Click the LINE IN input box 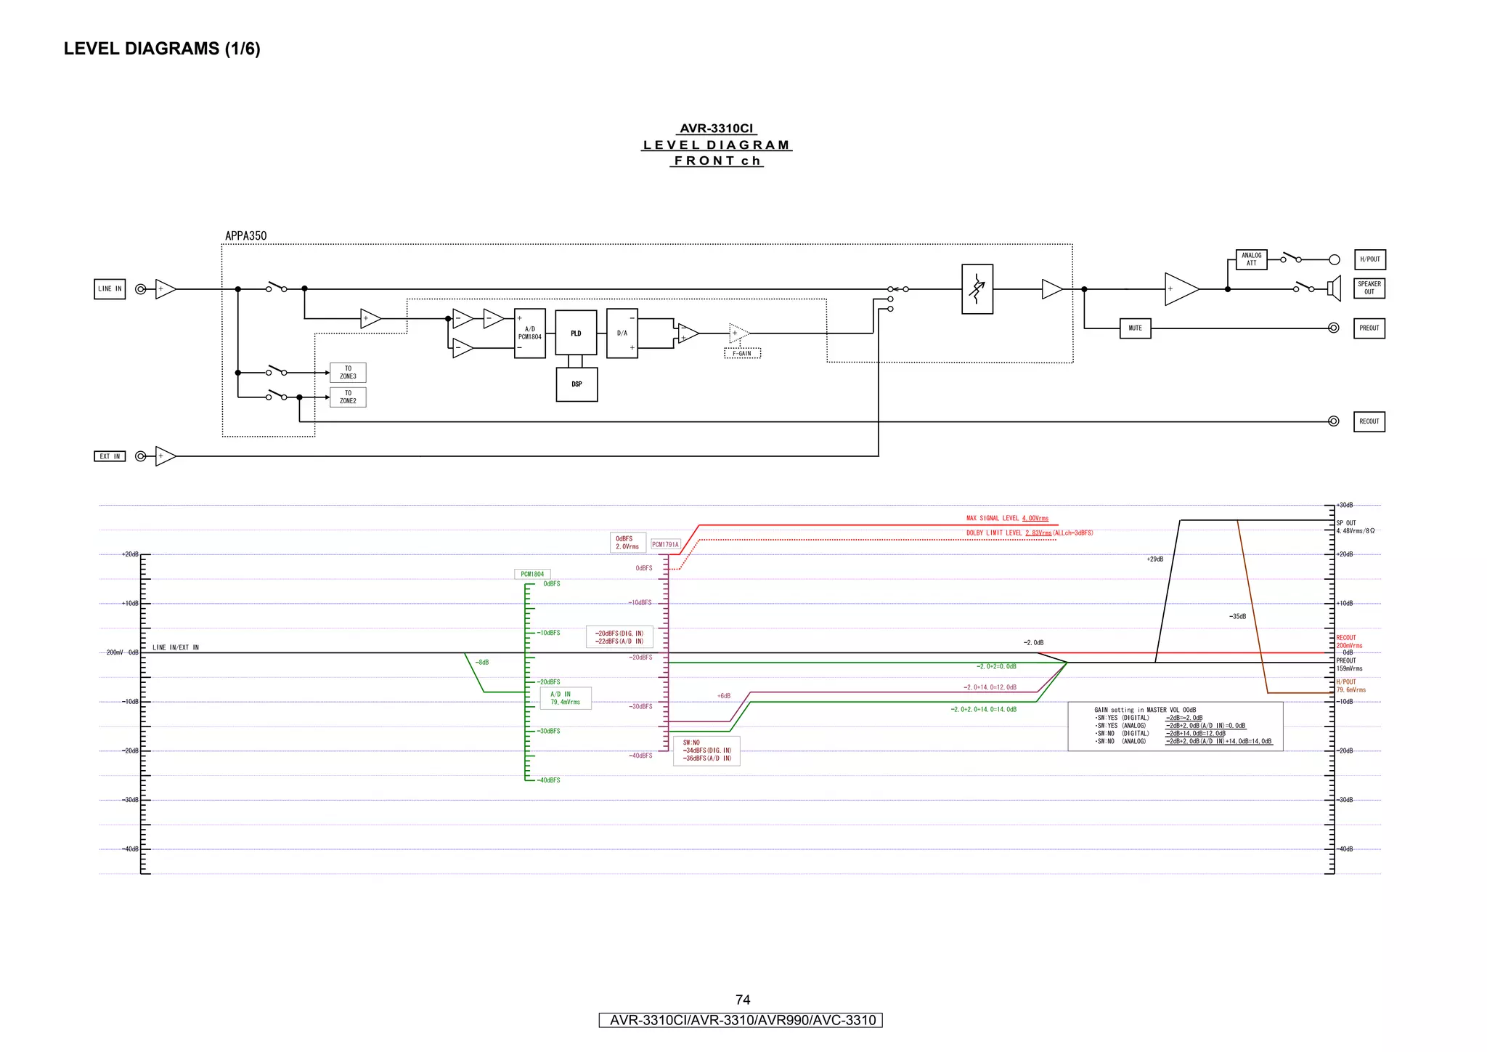(110, 289)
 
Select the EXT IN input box (110, 456)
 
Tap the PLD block (576, 333)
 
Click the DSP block (577, 384)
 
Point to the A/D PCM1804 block (529, 333)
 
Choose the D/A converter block (622, 333)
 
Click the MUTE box (1135, 328)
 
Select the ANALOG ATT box (1251, 259)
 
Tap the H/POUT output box (1369, 259)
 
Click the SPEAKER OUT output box (1369, 288)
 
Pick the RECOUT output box (1369, 421)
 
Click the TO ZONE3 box (348, 373)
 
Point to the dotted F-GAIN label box (742, 354)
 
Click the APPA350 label (245, 236)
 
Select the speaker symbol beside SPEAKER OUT (1334, 288)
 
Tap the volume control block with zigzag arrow (977, 289)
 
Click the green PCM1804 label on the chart (532, 574)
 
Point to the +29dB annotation (1154, 559)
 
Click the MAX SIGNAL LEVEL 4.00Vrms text (1007, 519)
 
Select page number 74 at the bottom (742, 1000)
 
